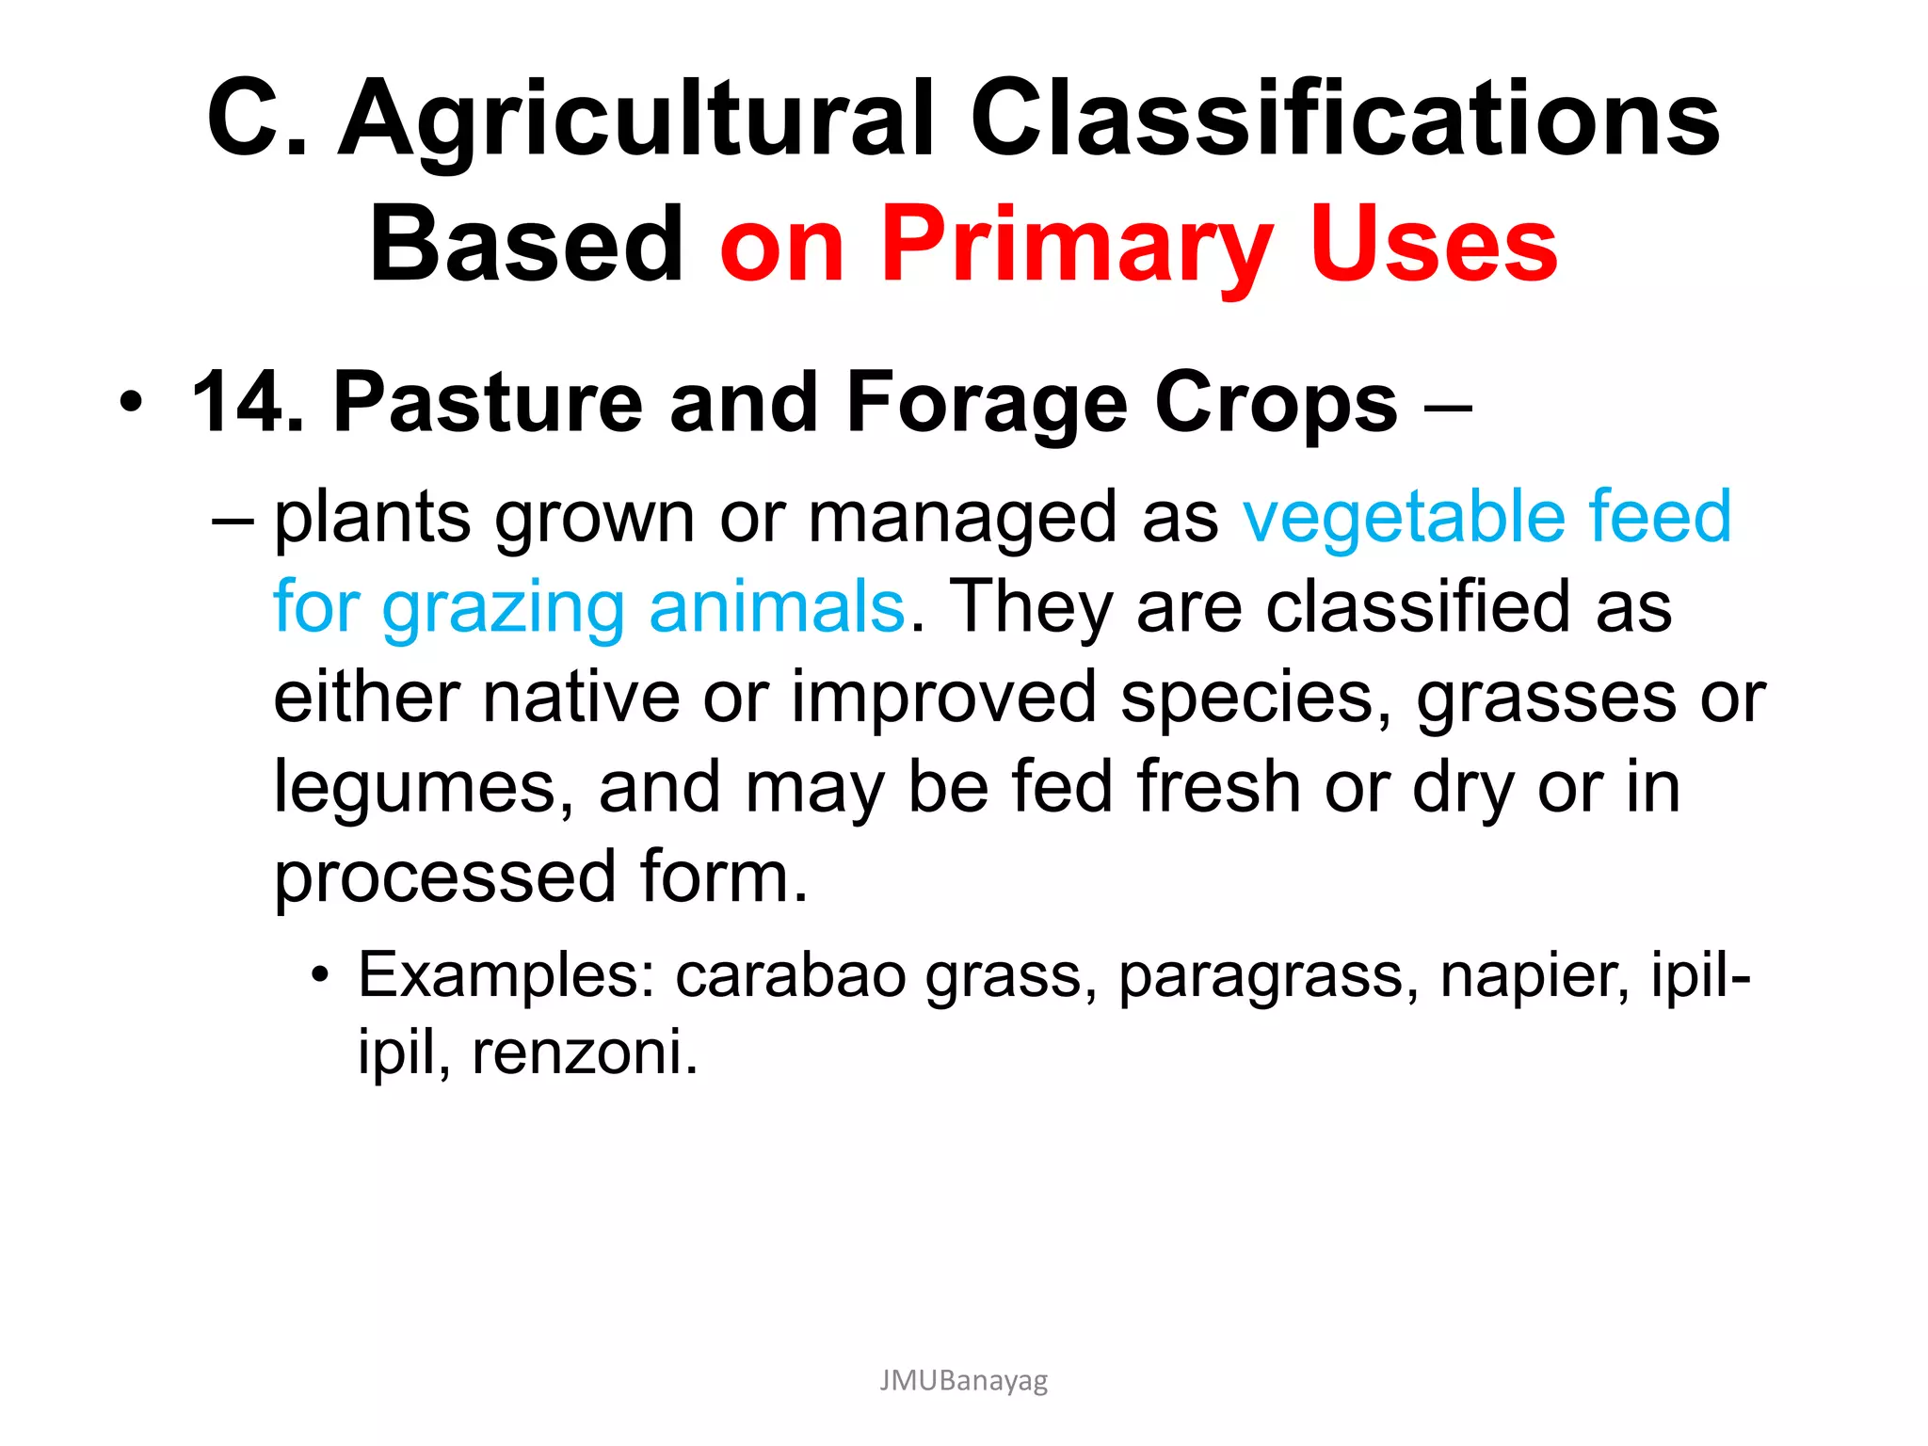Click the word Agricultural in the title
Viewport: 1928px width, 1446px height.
[x=635, y=120]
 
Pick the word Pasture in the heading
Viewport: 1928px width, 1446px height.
[x=488, y=403]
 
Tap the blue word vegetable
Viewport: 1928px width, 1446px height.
[x=1403, y=517]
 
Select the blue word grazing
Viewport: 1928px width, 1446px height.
[x=503, y=609]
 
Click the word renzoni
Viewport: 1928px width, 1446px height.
[x=585, y=1052]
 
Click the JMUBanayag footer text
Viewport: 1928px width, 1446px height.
[x=963, y=1380]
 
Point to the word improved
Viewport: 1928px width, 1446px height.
[x=943, y=699]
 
